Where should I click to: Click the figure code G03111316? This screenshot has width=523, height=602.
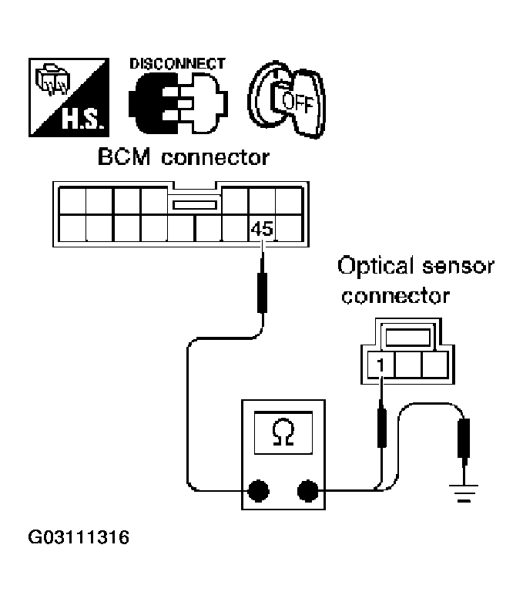(79, 536)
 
